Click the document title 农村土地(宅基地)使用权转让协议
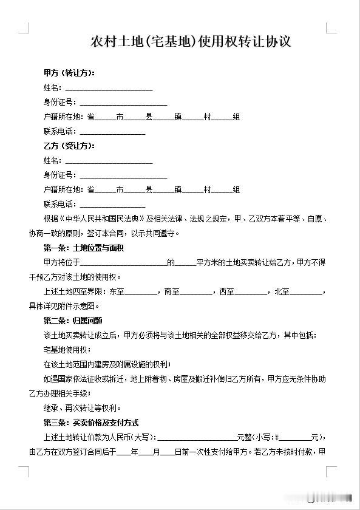(x=191, y=42)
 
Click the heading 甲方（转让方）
(x=69, y=73)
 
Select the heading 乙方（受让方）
(x=69, y=146)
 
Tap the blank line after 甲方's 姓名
(x=109, y=88)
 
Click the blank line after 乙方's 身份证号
(x=123, y=175)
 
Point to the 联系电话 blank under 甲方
(x=112, y=132)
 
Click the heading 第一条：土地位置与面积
(x=84, y=248)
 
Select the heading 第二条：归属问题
(x=72, y=321)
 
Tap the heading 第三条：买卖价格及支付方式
(x=91, y=423)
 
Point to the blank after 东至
(x=141, y=291)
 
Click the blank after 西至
(x=250, y=291)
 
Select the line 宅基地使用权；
(x=67, y=350)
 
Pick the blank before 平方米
(x=186, y=263)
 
